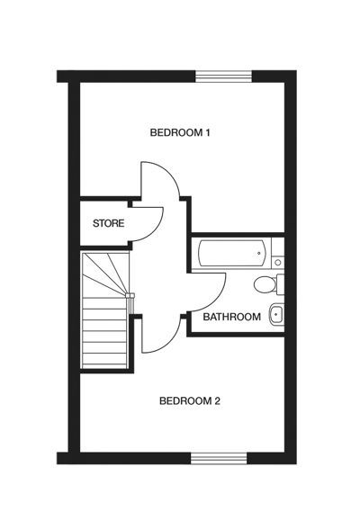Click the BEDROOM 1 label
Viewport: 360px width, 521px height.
pos(180,133)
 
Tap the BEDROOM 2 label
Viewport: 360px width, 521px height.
pos(190,401)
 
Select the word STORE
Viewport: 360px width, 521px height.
pos(108,223)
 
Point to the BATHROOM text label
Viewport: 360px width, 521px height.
pos(231,317)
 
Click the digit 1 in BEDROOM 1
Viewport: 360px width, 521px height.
pos(207,133)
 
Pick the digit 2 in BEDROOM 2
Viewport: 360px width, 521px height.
pos(217,401)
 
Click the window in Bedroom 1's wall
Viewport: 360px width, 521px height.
pos(224,76)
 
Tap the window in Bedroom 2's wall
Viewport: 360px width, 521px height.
pos(219,458)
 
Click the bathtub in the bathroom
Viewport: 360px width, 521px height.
pos(232,253)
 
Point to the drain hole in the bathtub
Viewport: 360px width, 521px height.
pos(259,253)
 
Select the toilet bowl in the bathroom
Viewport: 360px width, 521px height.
pos(265,285)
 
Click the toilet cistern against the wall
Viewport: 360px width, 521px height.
pos(281,284)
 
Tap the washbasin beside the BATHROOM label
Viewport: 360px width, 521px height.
pos(276,314)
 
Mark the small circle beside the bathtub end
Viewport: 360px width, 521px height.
pos(278,263)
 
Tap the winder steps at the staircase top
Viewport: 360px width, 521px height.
pos(104,274)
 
